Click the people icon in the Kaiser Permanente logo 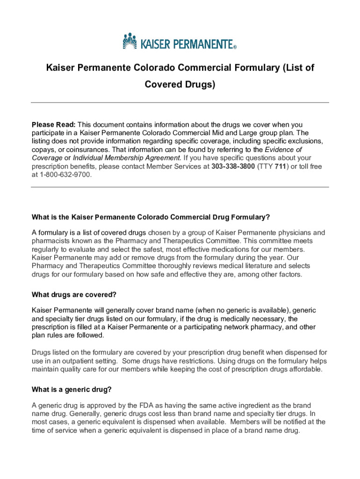pyautogui.click(x=131, y=41)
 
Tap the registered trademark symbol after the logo pyautogui.click(x=235, y=47)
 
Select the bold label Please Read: pyautogui.click(x=53, y=124)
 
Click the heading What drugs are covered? pyautogui.click(x=73, y=295)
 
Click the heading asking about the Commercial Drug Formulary pyautogui.click(x=151, y=217)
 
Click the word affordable pyautogui.click(x=302, y=369)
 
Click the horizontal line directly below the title pyautogui.click(x=180, y=102)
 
